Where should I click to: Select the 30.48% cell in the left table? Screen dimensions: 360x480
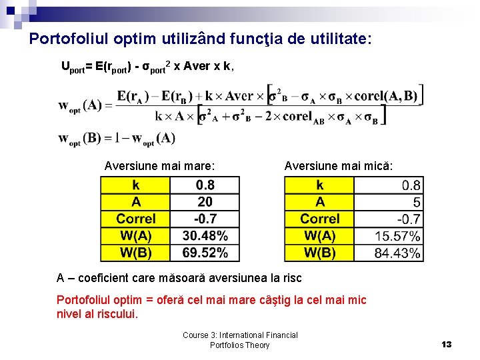pos(205,235)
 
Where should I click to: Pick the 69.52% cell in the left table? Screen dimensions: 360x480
pos(205,253)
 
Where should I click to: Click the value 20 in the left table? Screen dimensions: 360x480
pos(205,201)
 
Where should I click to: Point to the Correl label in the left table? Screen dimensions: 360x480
pos(135,219)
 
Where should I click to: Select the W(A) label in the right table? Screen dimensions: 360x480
pos(319,235)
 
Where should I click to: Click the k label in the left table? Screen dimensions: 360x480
pos(135,185)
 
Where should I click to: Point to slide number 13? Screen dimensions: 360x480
pos(446,344)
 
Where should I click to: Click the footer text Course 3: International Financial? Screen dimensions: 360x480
pos(240,335)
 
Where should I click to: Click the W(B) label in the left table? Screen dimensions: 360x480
pos(135,253)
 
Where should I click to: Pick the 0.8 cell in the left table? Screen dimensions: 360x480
pos(205,185)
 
